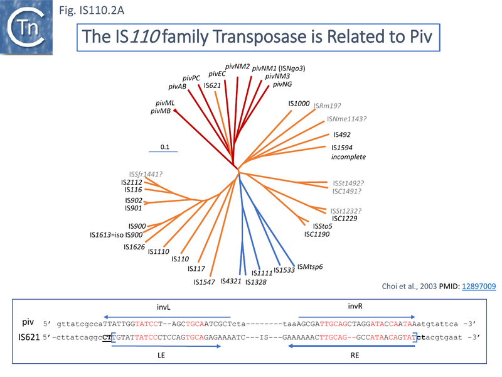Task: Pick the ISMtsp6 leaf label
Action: [x=309, y=266]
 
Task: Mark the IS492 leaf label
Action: [x=341, y=134]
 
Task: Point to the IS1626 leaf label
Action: [x=134, y=247]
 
